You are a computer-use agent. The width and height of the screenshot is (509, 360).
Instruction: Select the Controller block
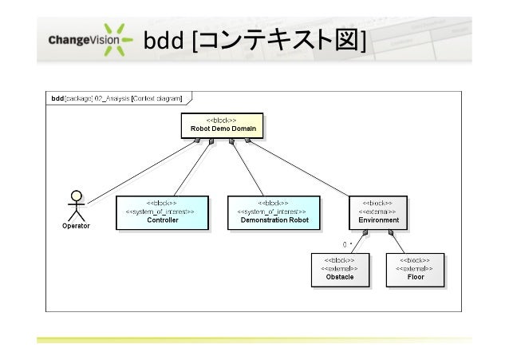[162, 212]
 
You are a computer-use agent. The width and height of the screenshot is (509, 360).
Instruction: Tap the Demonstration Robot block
[274, 212]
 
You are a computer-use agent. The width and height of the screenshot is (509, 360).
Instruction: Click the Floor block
[415, 269]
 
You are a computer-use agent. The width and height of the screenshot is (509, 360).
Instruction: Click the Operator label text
[77, 226]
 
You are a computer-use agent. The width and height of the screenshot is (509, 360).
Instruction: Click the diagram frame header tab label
[116, 98]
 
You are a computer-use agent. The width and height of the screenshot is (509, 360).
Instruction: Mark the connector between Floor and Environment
[402, 240]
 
